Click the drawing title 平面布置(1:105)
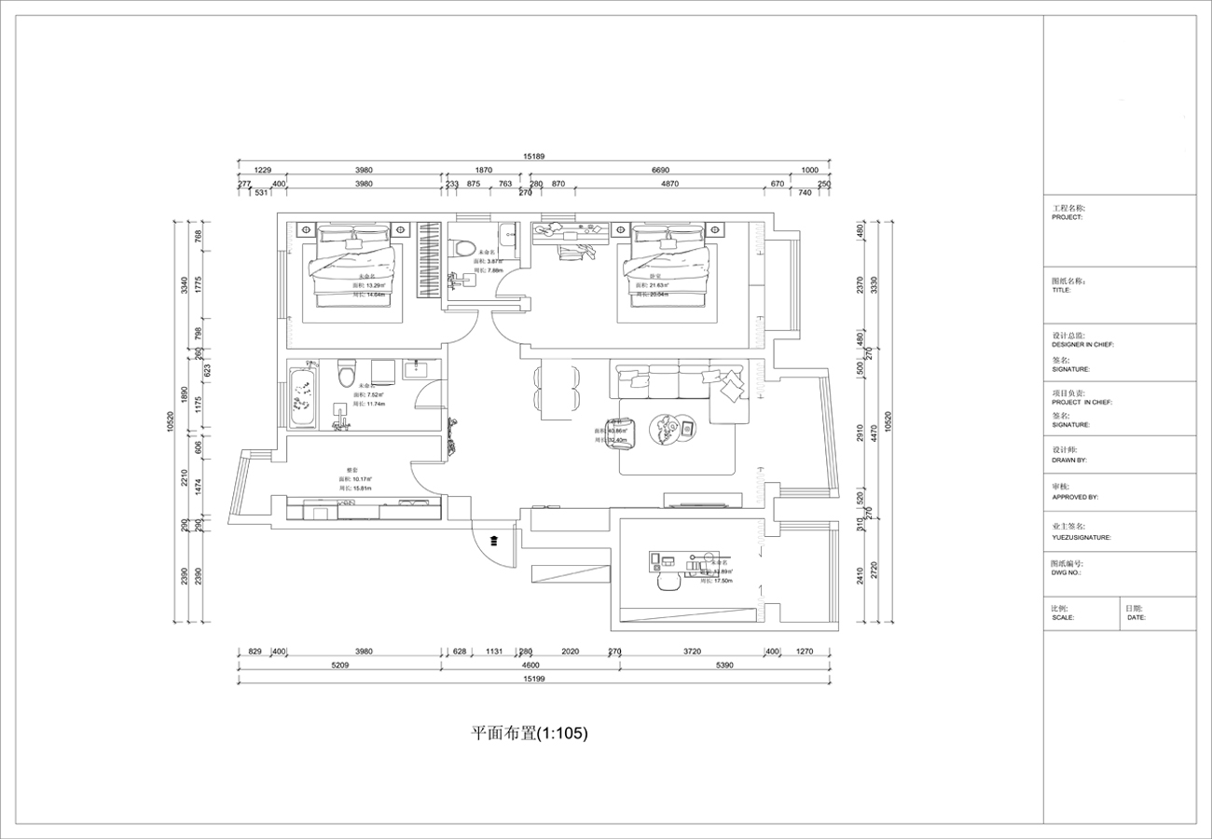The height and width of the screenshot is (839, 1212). click(529, 734)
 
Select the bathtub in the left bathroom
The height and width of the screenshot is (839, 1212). click(302, 400)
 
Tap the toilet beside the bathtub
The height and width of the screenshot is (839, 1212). click(347, 373)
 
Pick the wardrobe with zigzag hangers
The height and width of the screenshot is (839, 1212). click(428, 262)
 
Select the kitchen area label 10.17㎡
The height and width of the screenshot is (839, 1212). click(358, 479)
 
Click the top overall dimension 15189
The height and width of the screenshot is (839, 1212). click(533, 158)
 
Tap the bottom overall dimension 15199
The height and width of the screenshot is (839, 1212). click(533, 681)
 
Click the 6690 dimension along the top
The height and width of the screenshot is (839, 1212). click(660, 171)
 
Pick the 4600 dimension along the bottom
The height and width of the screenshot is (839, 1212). click(530, 666)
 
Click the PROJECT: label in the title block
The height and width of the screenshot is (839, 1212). click(1067, 217)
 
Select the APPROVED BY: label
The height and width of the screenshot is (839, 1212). click(1075, 497)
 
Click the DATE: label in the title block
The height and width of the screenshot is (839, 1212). click(1136, 617)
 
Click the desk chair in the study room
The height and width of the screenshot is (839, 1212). click(667, 581)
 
